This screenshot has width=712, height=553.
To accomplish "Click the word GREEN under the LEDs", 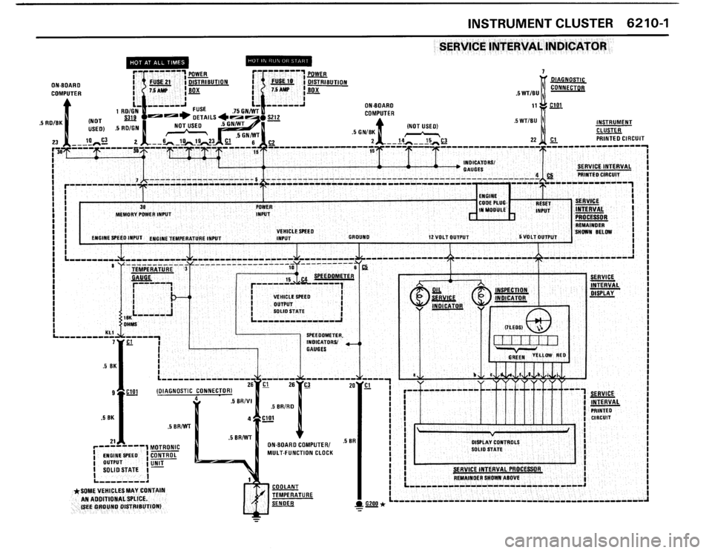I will tap(518, 356).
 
